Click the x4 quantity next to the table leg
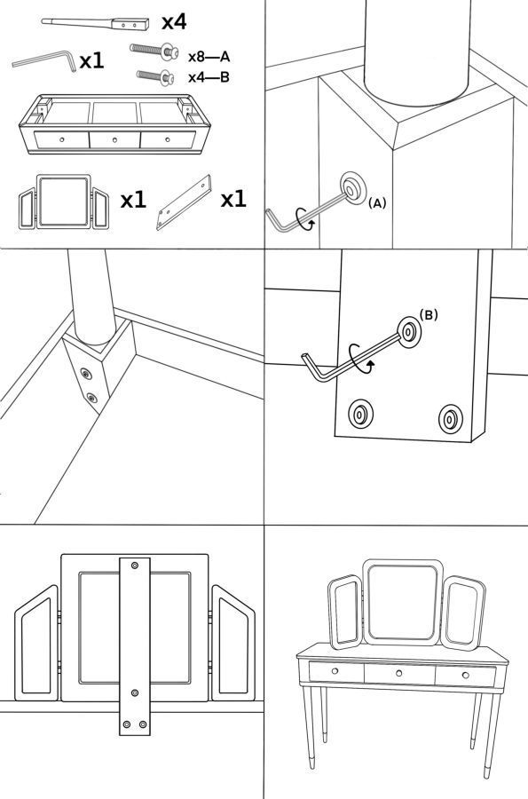click(x=174, y=22)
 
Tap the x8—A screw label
click(x=209, y=57)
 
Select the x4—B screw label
click(x=209, y=77)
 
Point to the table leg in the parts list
click(x=96, y=23)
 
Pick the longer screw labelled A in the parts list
click(x=154, y=51)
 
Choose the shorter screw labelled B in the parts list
click(x=155, y=76)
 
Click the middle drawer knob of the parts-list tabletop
click(x=114, y=139)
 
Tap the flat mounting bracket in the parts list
click(x=184, y=202)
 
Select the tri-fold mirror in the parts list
click(x=64, y=202)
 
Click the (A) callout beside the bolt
click(x=377, y=203)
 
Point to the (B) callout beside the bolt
click(x=429, y=315)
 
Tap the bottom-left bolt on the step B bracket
click(x=360, y=414)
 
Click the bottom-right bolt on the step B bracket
click(x=451, y=419)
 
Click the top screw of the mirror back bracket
click(x=134, y=566)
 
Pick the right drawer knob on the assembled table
click(x=465, y=676)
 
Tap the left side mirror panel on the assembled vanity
click(x=345, y=613)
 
